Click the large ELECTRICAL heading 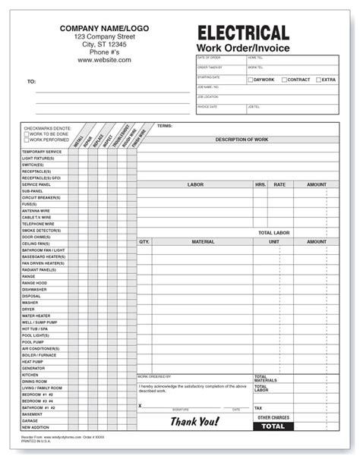click(243, 32)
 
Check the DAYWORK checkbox click(251, 80)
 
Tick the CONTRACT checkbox click(284, 80)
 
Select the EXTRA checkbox click(317, 80)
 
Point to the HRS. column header click(261, 184)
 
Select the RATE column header click(279, 184)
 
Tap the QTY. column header click(144, 242)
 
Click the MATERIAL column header click(203, 242)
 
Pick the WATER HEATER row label click(36, 316)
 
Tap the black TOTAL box click(273, 427)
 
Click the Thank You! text click(194, 422)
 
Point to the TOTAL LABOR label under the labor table click(274, 232)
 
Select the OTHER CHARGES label click(273, 417)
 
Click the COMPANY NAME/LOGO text click(105, 27)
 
